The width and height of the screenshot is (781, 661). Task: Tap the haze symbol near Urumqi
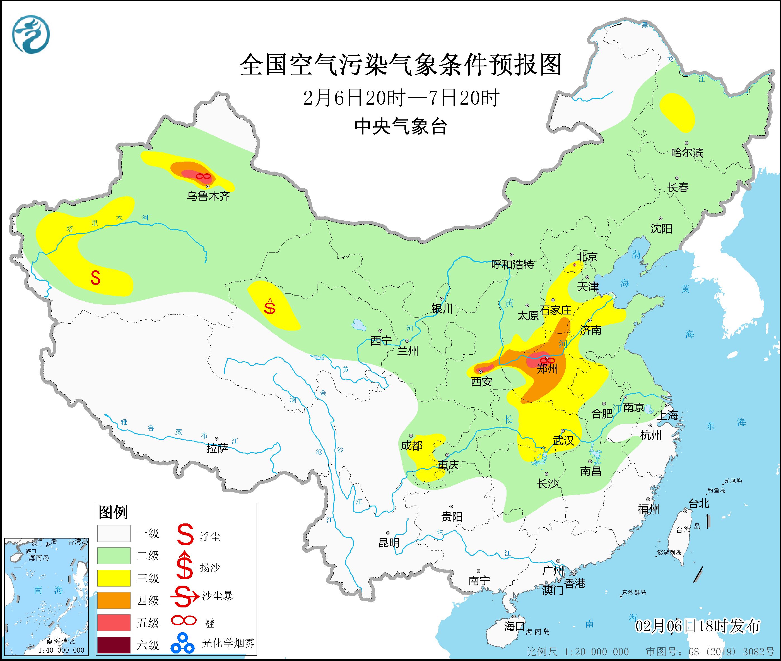(x=203, y=176)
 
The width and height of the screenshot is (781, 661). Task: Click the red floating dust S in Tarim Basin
(x=95, y=278)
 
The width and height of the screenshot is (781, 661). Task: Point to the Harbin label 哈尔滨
(x=687, y=153)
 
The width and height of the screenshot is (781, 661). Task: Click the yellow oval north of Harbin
(x=677, y=112)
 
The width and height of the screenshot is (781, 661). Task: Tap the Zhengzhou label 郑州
(x=547, y=369)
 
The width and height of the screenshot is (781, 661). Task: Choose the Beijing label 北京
(x=587, y=257)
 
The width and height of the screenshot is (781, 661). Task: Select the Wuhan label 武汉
(x=563, y=441)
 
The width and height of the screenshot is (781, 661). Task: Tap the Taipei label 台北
(x=699, y=503)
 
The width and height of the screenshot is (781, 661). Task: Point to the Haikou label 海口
(x=514, y=626)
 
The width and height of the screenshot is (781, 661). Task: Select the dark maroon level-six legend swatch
(x=114, y=645)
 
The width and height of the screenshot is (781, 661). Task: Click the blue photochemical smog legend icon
(x=182, y=643)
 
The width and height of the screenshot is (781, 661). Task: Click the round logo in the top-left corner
(x=31, y=35)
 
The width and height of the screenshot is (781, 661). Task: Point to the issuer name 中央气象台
(x=401, y=126)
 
